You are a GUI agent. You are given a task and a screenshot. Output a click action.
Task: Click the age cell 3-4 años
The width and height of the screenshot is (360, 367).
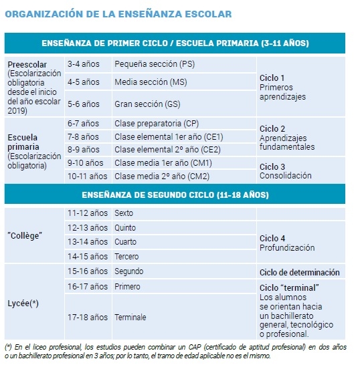[83, 64]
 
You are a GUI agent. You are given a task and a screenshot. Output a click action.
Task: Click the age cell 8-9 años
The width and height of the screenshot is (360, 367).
[83, 149]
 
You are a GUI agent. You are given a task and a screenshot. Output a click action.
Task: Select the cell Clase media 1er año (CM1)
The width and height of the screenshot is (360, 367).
[154, 162]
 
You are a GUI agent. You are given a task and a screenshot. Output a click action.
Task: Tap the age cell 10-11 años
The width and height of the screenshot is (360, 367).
[87, 176]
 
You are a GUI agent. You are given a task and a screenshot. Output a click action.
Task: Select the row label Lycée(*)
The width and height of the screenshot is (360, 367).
[23, 303]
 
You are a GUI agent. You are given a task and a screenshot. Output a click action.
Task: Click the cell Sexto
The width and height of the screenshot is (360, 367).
[124, 213]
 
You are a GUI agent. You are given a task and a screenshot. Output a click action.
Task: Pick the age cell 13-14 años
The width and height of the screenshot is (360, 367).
[87, 241]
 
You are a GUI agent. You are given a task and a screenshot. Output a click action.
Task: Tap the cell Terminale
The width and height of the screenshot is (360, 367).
[130, 317]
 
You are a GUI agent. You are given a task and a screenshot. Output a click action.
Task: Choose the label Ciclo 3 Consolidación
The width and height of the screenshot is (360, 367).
[286, 171]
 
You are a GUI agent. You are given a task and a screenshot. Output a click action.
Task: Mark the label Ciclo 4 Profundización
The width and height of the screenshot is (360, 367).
[287, 243]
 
